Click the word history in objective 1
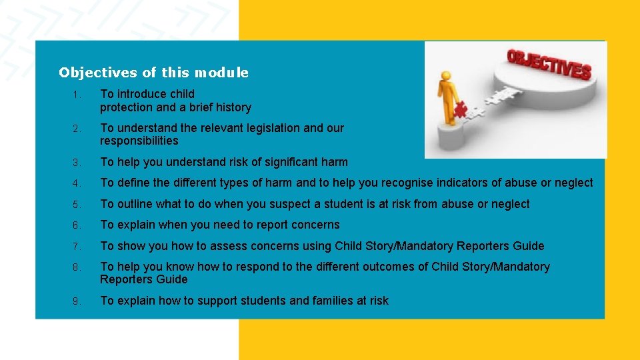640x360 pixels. coord(231,107)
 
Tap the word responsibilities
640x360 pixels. coord(139,141)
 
